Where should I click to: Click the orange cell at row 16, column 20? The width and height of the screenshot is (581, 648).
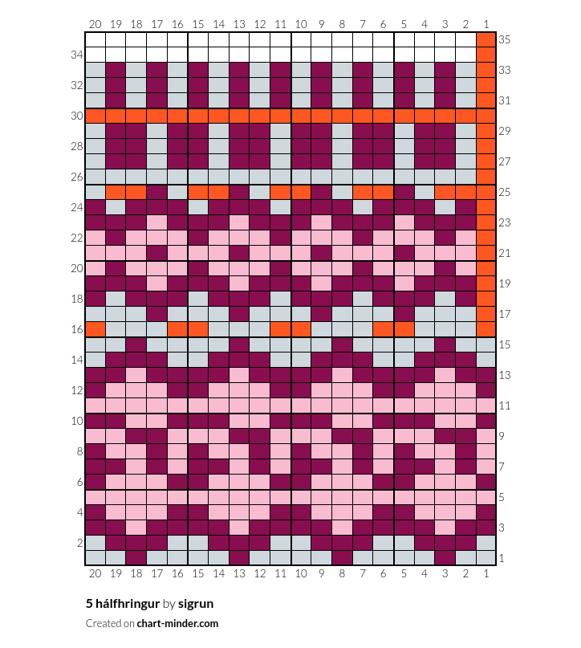[x=95, y=329]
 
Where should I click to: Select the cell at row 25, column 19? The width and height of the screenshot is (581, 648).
[x=116, y=192]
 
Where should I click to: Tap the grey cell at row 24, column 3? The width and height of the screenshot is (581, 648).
[x=445, y=207]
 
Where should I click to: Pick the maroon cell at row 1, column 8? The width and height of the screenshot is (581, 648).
[x=342, y=558]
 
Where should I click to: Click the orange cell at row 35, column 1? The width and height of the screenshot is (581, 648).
[x=486, y=39]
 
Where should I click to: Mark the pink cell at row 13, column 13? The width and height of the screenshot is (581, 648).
[x=239, y=375]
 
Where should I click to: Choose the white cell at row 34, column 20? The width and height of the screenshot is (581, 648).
[x=95, y=55]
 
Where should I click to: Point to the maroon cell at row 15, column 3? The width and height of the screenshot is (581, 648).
[x=445, y=344]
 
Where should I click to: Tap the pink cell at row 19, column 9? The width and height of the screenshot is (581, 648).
[x=321, y=283]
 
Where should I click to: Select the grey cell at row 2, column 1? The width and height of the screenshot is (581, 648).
[x=486, y=543]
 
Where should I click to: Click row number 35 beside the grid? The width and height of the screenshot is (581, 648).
[x=505, y=39]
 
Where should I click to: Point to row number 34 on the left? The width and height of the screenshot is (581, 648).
[x=77, y=55]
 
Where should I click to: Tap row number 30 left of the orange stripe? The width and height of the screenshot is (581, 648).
[x=77, y=116]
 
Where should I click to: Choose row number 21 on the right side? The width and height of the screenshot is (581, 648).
[x=505, y=253]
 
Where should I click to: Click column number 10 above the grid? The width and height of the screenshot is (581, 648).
[x=301, y=24]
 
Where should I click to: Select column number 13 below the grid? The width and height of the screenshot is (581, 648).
[x=239, y=573]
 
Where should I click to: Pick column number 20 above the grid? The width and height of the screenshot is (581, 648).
[x=95, y=24]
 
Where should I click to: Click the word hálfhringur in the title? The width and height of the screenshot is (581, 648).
[x=128, y=604]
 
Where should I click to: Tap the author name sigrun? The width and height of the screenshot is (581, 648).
[x=196, y=604]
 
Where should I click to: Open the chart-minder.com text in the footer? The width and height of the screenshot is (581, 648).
[x=177, y=623]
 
